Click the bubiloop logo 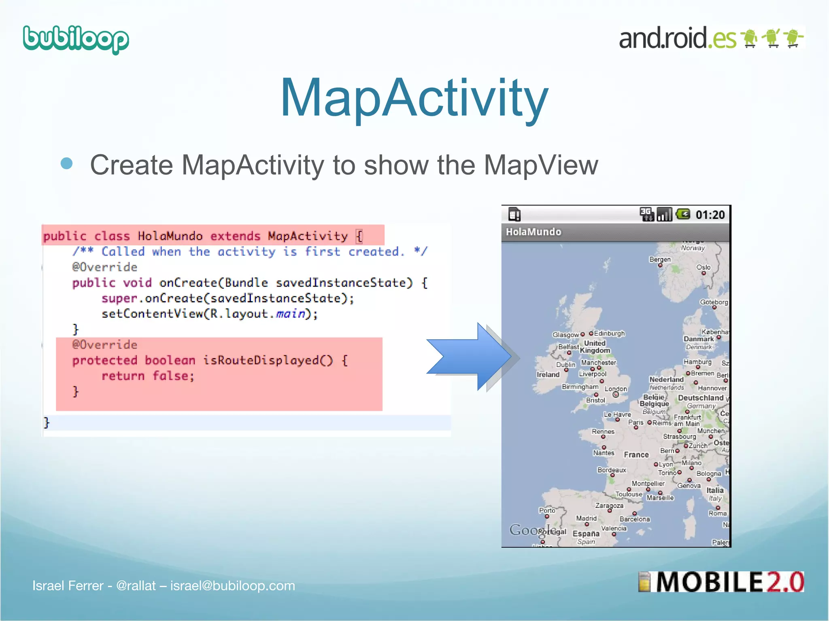[76, 39]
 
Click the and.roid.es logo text [677, 38]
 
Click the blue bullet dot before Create [66, 164]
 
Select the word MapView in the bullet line [541, 165]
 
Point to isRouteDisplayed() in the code [268, 360]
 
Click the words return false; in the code [148, 376]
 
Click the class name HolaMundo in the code [170, 236]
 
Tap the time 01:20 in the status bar [710, 215]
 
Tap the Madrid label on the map [586, 518]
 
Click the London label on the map [616, 389]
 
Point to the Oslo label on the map [704, 267]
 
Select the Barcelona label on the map [634, 519]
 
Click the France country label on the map [636, 455]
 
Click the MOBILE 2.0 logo [721, 582]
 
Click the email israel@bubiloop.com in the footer [232, 585]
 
